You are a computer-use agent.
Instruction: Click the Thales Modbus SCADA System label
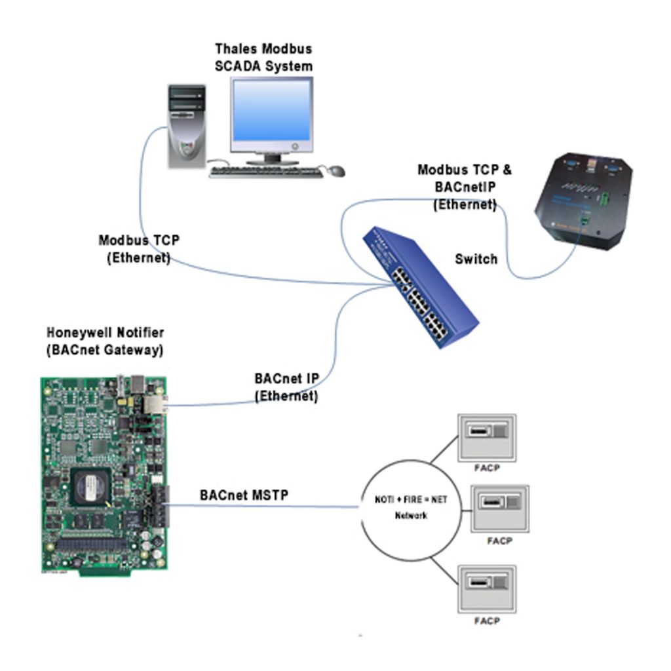[x=263, y=58]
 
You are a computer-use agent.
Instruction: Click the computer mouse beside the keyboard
[x=335, y=171]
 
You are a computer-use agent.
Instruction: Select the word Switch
[x=476, y=259]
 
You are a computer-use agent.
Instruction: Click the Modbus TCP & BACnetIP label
[x=465, y=187]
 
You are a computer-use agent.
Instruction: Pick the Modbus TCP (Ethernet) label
[x=138, y=250]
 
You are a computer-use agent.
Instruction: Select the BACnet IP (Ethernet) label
[x=286, y=387]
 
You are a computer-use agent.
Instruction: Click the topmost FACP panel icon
[x=486, y=436]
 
